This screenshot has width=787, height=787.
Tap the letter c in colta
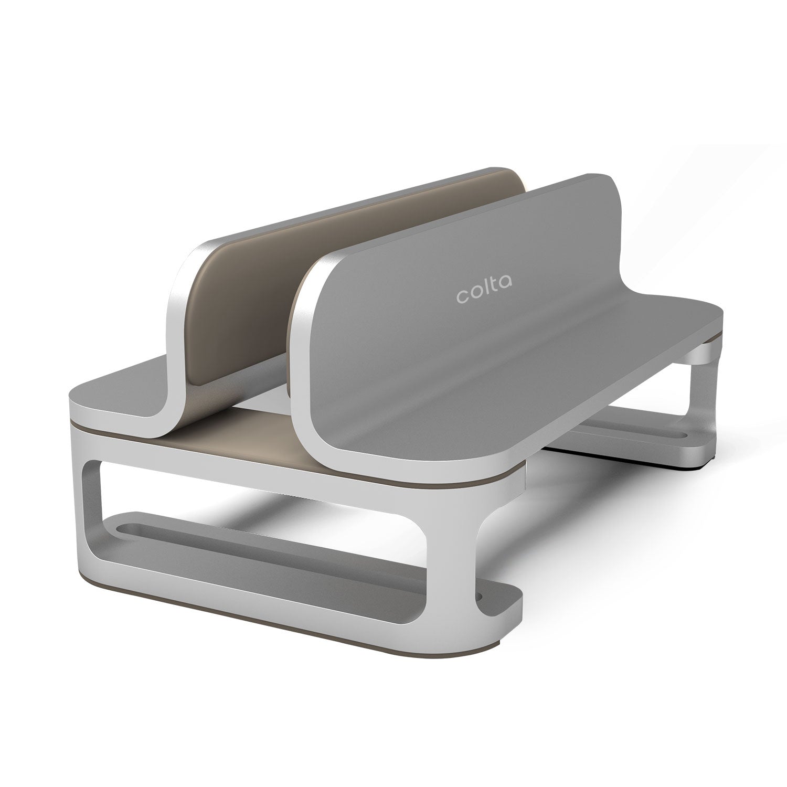tap(462, 297)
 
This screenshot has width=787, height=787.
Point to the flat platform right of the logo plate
tap(656, 320)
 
